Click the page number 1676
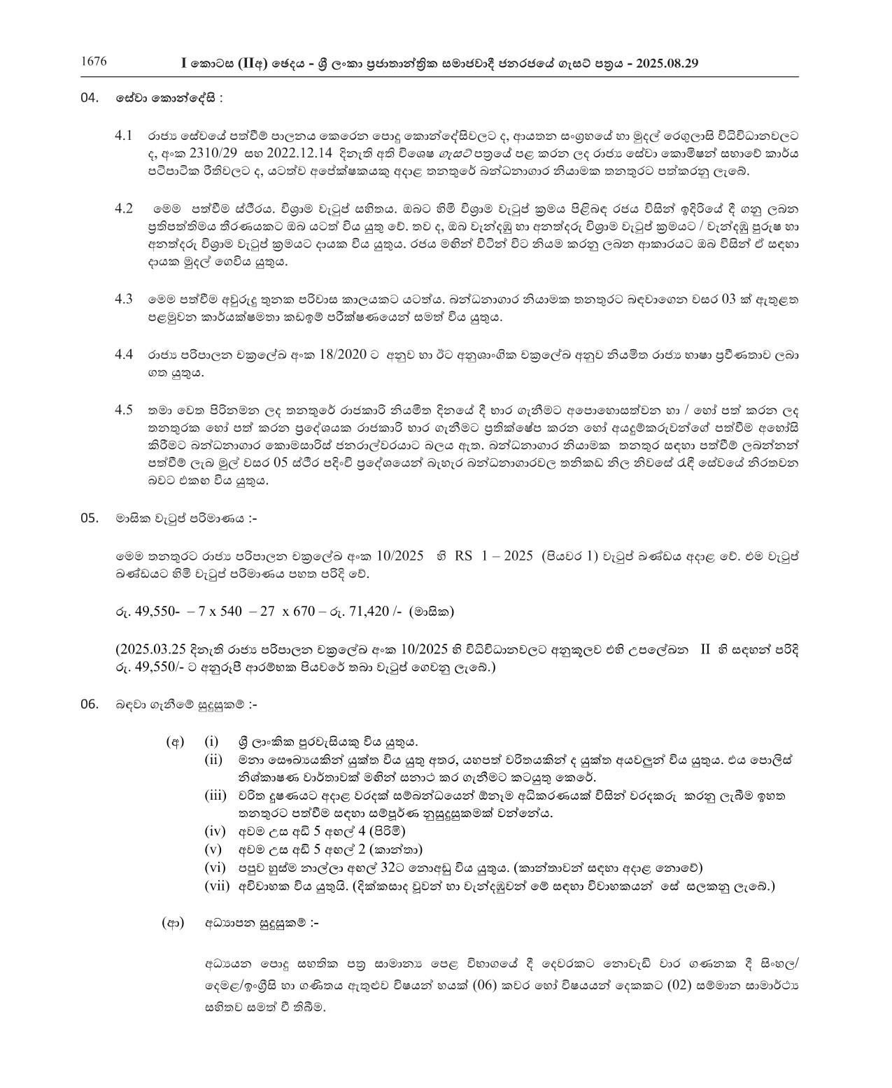94,62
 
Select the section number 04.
90,98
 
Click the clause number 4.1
124,134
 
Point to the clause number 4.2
124,209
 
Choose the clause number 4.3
124,299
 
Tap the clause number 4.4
124,355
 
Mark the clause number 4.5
124,409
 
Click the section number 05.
90,519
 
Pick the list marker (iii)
215,796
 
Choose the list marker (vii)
216,886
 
